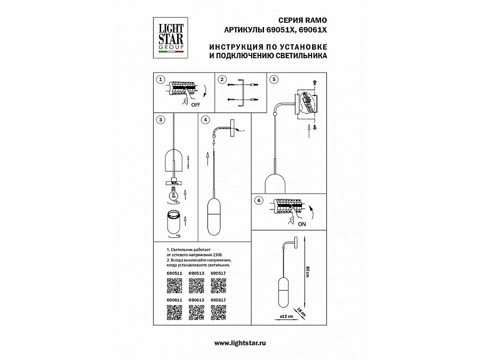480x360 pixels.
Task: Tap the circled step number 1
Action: click(159, 78)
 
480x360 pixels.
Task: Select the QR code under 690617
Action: click(218, 315)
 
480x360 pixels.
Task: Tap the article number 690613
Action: click(196, 301)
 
